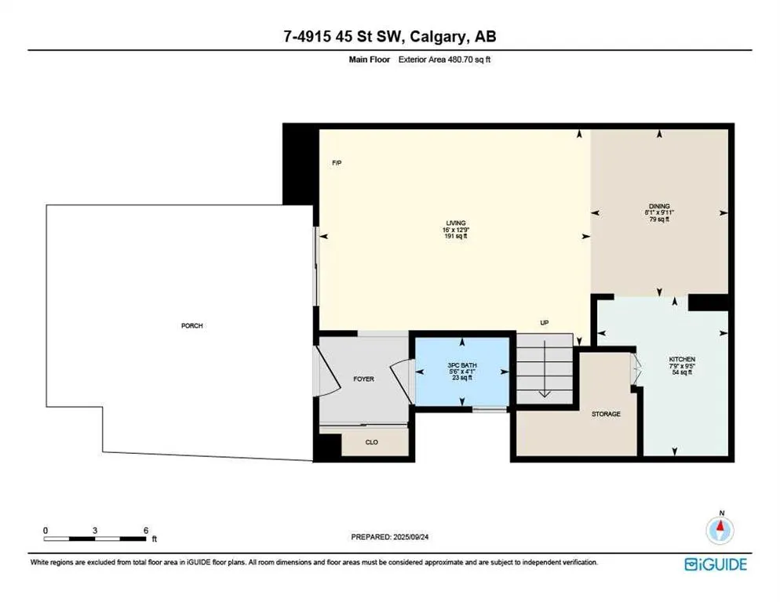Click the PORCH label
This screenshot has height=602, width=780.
pos(192,325)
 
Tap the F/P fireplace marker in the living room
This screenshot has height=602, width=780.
pos(337,163)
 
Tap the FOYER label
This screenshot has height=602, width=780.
pos(363,379)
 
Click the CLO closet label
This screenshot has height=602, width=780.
pos(372,442)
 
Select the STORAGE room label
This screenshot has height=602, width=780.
pos(606,414)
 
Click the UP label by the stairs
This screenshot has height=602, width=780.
pos(543,322)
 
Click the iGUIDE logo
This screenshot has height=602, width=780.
pos(715,564)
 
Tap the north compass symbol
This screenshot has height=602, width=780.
pos(720,530)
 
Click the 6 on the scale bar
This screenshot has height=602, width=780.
pos(146,530)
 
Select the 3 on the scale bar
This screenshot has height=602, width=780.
pos(95,530)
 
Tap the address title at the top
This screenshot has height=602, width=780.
pos(389,36)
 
